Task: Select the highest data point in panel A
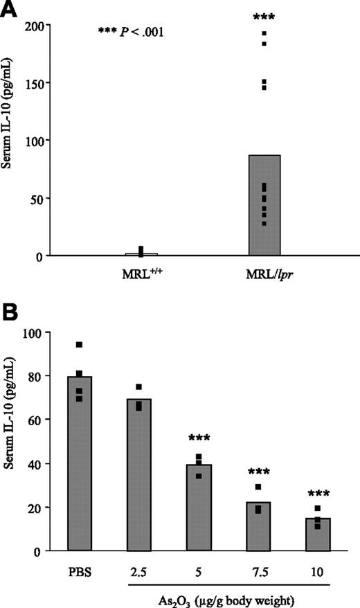point(264,32)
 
